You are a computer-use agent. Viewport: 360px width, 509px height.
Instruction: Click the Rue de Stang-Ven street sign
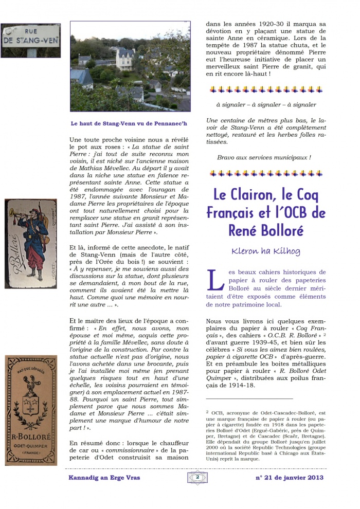31,40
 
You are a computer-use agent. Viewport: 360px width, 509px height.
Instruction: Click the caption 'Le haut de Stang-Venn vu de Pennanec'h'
129,123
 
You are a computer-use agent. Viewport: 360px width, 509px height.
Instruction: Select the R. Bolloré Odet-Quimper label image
31,410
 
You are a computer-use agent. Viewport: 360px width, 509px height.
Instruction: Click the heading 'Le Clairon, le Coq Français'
266,196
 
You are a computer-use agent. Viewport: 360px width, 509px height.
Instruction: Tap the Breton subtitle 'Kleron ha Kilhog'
265,251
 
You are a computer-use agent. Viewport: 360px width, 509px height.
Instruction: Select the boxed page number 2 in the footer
197,478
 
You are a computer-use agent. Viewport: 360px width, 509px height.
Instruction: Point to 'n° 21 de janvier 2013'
289,478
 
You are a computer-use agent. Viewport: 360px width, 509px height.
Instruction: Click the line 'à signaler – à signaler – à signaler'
266,104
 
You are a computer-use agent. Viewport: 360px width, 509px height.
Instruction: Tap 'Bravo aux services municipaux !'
263,157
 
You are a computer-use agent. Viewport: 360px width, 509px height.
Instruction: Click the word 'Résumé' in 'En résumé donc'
95,443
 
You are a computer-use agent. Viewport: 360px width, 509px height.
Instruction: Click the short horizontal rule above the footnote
249,398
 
